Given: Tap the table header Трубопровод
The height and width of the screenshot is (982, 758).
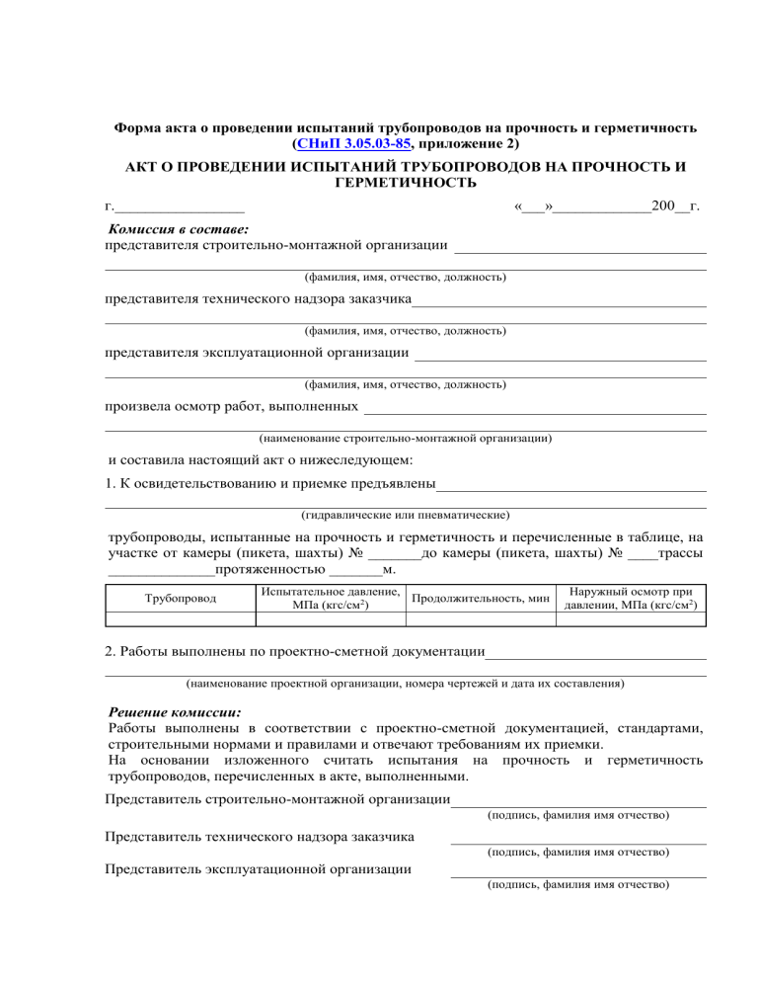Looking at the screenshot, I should tap(179, 598).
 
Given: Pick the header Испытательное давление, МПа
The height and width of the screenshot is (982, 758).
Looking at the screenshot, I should tap(329, 598).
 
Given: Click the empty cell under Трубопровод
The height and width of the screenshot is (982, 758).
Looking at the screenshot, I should tap(179, 620).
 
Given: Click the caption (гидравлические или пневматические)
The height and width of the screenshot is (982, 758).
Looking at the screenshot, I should tap(405, 514).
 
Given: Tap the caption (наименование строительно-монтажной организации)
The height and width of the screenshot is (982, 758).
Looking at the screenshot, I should tap(405, 437).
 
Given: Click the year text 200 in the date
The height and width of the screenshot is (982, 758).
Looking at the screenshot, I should tap(665, 206).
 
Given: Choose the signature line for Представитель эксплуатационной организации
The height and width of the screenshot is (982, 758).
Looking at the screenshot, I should tap(578, 875).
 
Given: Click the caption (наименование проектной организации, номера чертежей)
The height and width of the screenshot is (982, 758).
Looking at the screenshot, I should tap(405, 682).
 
